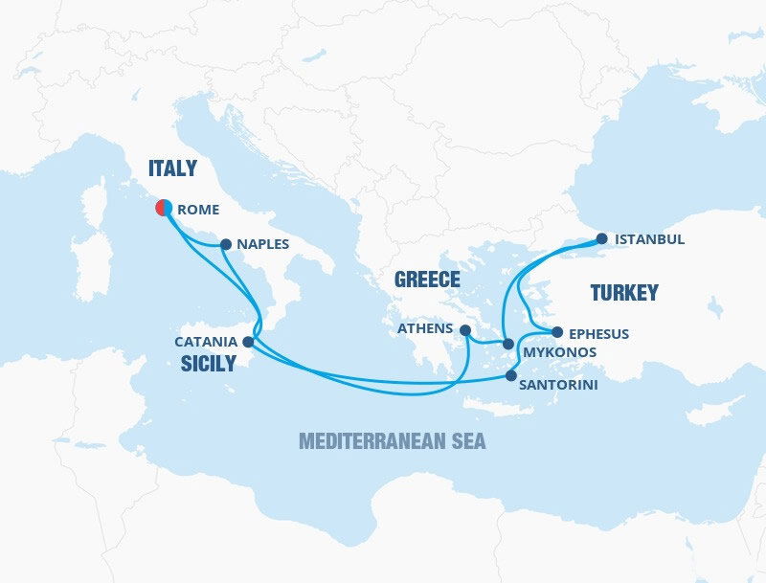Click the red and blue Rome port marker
click(164, 207)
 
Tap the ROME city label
click(198, 210)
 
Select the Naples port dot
click(225, 244)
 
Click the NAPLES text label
click(261, 244)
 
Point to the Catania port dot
click(249, 341)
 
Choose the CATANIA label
click(206, 341)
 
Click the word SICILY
click(208, 364)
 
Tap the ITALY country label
click(172, 168)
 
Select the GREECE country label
click(428, 280)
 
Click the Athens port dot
click(464, 330)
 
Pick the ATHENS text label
click(425, 328)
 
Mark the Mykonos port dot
click(508, 342)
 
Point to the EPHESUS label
click(598, 334)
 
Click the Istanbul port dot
click(601, 239)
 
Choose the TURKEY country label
click(623, 293)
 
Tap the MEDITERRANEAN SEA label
click(392, 441)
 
